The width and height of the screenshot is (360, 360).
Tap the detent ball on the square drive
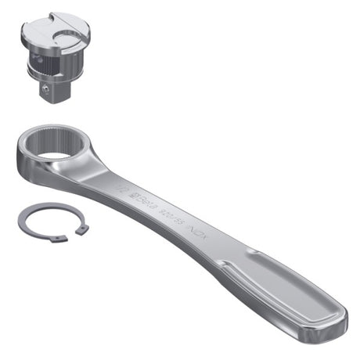(48, 92)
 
